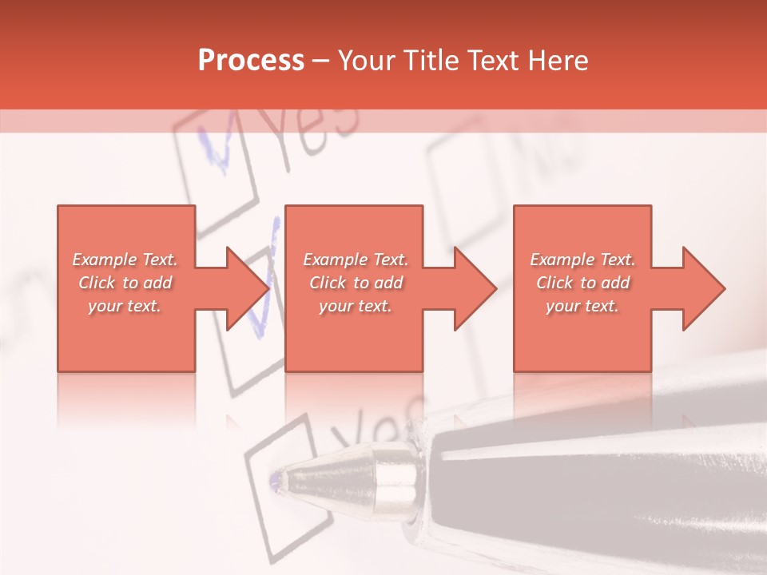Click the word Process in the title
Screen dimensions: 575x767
[251, 61]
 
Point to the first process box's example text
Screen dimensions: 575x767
[125, 283]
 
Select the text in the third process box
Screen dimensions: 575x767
[582, 283]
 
